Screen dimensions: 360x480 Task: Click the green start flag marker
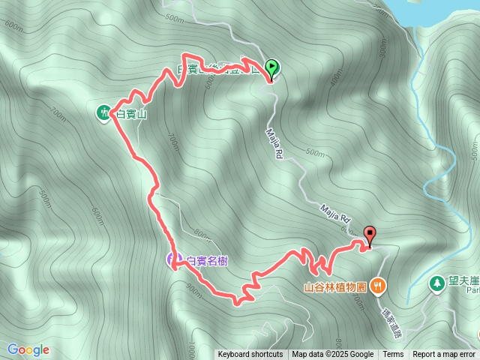pos(271,67)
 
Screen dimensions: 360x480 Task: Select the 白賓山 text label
pos(132,113)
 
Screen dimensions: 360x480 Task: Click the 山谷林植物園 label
pos(334,286)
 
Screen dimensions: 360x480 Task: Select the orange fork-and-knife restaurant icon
pos(378,285)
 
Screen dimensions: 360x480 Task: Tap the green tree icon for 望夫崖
pos(436,283)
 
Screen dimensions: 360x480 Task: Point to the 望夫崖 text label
pos(463,282)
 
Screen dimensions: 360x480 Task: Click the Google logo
pos(28,349)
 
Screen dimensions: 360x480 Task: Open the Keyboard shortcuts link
pos(250,355)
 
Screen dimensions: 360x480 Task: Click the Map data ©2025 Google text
pos(333,355)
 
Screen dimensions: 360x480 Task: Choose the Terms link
pos(393,355)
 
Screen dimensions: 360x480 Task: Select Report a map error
pos(444,355)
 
